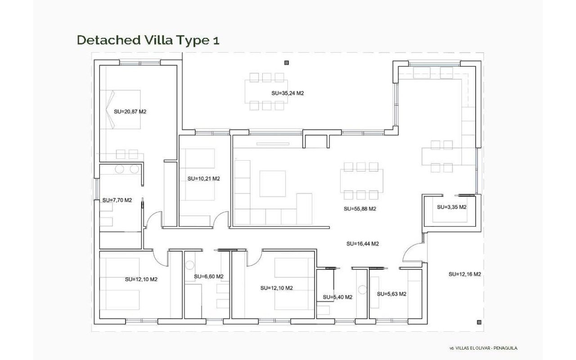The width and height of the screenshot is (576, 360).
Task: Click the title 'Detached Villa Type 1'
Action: click(148, 40)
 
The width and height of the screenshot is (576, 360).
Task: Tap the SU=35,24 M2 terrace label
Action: click(288, 93)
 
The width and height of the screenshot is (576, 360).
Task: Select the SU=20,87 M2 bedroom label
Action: click(130, 112)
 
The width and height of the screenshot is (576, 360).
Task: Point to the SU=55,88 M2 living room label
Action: click(360, 209)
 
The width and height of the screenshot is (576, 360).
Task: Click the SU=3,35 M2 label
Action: click(451, 207)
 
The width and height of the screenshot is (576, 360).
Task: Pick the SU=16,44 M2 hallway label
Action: click(363, 244)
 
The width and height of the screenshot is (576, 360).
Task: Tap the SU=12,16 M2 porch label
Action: click(465, 274)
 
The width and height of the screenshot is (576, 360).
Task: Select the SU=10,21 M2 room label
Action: click(204, 179)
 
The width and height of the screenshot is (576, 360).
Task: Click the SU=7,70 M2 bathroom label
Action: click(117, 200)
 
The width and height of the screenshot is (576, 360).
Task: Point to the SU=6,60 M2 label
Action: click(208, 276)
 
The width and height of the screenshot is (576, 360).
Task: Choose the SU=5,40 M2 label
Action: click(337, 297)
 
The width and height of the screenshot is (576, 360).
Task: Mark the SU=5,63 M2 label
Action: click(391, 294)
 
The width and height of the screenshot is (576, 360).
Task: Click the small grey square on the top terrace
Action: click(287, 63)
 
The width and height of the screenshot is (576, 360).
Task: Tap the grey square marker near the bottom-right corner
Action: click(479, 322)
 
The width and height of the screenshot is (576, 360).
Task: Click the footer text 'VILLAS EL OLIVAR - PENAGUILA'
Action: click(486, 348)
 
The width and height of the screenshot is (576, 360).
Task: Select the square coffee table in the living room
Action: click(273, 184)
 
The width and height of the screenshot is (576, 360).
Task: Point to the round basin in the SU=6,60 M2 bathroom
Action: click(190, 265)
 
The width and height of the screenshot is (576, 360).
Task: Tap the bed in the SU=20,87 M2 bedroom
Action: click(120, 109)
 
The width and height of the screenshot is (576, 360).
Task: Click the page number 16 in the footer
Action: click(451, 348)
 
